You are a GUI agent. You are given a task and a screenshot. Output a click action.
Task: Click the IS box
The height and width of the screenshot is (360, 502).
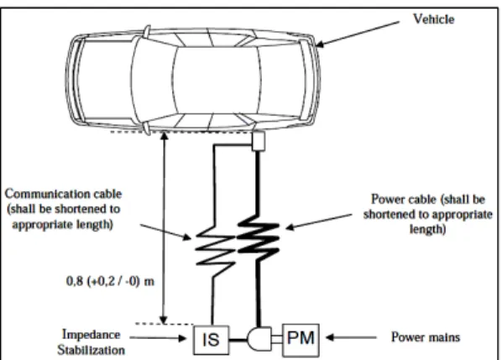tap(212, 340)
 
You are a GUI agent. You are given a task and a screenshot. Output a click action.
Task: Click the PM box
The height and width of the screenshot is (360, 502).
tap(301, 340)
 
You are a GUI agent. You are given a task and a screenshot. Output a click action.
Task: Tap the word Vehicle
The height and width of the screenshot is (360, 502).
tap(434, 19)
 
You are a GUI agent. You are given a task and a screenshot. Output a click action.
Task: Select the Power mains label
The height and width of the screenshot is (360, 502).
tap(426, 337)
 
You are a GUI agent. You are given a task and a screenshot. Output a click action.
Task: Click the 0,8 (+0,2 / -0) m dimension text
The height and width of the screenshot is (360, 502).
tap(110, 281)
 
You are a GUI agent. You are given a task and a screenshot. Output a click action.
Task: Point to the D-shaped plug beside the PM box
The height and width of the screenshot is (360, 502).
tap(259, 339)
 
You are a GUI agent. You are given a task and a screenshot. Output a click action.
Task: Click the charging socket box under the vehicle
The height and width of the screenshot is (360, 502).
tap(258, 141)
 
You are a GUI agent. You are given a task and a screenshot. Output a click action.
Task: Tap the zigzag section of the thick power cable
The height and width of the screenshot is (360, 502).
tap(258, 237)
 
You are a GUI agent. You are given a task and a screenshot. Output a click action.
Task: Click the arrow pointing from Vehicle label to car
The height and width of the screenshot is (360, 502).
tap(358, 34)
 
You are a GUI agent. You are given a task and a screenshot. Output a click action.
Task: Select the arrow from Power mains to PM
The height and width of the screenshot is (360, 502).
tap(351, 337)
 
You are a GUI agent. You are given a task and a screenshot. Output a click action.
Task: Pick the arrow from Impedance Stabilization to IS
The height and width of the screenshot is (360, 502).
tap(158, 337)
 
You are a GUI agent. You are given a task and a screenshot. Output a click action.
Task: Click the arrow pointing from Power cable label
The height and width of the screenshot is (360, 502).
tap(318, 222)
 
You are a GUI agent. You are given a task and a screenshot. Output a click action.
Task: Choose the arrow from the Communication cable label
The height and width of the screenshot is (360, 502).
tap(165, 232)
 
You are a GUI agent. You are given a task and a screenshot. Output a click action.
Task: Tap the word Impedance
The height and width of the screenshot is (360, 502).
tap(92, 335)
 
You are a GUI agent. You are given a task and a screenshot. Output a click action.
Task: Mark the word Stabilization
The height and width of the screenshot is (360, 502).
tap(92, 350)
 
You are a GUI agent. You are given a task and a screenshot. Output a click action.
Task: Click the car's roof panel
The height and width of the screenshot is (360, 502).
tap(216, 80)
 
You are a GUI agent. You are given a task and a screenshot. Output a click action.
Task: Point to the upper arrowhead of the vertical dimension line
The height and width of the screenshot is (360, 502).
tap(164, 136)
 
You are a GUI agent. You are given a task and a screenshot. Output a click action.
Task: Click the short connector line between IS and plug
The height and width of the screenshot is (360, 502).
tap(238, 340)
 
